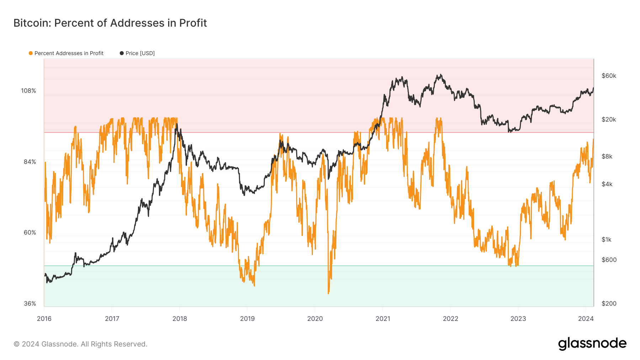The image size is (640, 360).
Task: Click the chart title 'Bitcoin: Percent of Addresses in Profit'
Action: pos(110,23)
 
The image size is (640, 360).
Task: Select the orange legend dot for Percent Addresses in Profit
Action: pos(31,53)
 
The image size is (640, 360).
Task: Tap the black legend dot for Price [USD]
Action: pos(122,53)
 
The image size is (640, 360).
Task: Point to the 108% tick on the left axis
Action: pos(28,91)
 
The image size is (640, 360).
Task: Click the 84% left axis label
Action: pos(30,162)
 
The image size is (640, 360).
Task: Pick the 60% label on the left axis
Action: pos(30,232)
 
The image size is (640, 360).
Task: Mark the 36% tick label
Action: pos(30,303)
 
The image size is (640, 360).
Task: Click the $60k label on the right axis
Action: pos(609,76)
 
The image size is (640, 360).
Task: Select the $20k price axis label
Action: pos(609,119)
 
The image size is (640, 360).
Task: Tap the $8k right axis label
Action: pos(607,156)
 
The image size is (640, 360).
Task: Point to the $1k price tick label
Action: pos(607,240)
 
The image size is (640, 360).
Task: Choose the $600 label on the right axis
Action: pos(609,260)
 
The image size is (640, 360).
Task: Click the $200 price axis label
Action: pos(609,303)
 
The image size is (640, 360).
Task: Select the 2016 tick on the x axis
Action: pos(44,318)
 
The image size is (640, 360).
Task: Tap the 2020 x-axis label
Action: pos(315,318)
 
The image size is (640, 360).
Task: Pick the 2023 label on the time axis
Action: pos(518,318)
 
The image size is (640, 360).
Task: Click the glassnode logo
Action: pos(592,344)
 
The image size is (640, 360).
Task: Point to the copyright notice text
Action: pos(80,344)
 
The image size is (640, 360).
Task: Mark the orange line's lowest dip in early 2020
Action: pos(328,293)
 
